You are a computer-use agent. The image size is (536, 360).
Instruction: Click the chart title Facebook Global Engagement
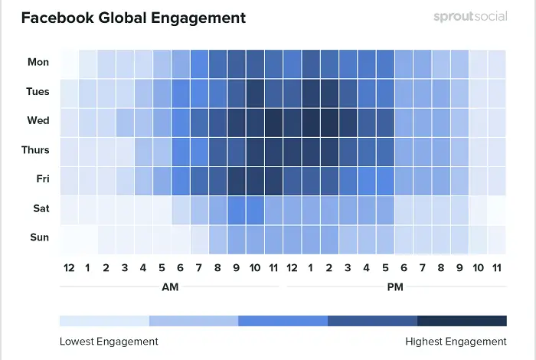[x=134, y=17]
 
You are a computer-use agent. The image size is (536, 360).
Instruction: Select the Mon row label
[x=38, y=63]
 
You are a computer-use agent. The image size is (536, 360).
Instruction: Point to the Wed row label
[x=38, y=121]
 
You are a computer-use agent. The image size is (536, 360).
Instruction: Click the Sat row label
[x=40, y=208]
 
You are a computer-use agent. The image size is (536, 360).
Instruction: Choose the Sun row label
[x=39, y=237]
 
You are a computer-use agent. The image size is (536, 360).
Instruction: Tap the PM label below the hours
[x=395, y=287]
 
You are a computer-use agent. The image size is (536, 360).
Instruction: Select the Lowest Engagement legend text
[x=109, y=342]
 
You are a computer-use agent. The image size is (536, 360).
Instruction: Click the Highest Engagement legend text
[x=456, y=342]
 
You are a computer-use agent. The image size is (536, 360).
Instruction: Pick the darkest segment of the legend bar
[x=462, y=321]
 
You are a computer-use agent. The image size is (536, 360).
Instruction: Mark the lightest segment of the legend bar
[x=104, y=321]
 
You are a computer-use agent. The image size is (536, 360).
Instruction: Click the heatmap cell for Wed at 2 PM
[x=329, y=121]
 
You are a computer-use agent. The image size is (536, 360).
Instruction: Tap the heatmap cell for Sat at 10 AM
[x=255, y=208]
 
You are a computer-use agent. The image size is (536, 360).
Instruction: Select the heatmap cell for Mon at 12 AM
[x=69, y=63]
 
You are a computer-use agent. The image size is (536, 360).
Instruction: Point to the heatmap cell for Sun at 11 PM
[x=496, y=237]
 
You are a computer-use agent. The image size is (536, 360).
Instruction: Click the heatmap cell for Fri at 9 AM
[x=237, y=179]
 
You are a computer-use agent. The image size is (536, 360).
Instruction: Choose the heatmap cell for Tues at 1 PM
[x=311, y=92]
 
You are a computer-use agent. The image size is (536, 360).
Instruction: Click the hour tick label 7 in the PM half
[x=422, y=268]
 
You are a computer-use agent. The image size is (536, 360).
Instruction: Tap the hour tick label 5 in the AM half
[x=162, y=268]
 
